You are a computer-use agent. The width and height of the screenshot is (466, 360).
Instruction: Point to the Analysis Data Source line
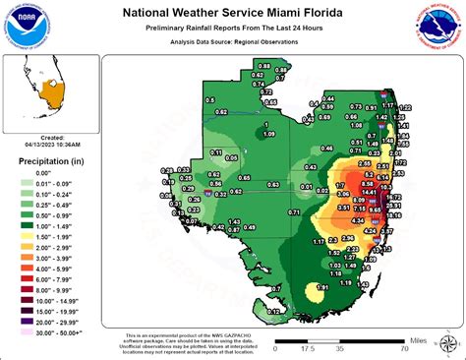232,44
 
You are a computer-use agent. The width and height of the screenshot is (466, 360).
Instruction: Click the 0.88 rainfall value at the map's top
263,64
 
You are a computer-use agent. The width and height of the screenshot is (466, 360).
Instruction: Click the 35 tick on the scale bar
339,347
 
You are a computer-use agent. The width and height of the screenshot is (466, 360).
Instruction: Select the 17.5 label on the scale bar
307,347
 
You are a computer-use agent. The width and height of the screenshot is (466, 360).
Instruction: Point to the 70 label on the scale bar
403,347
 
